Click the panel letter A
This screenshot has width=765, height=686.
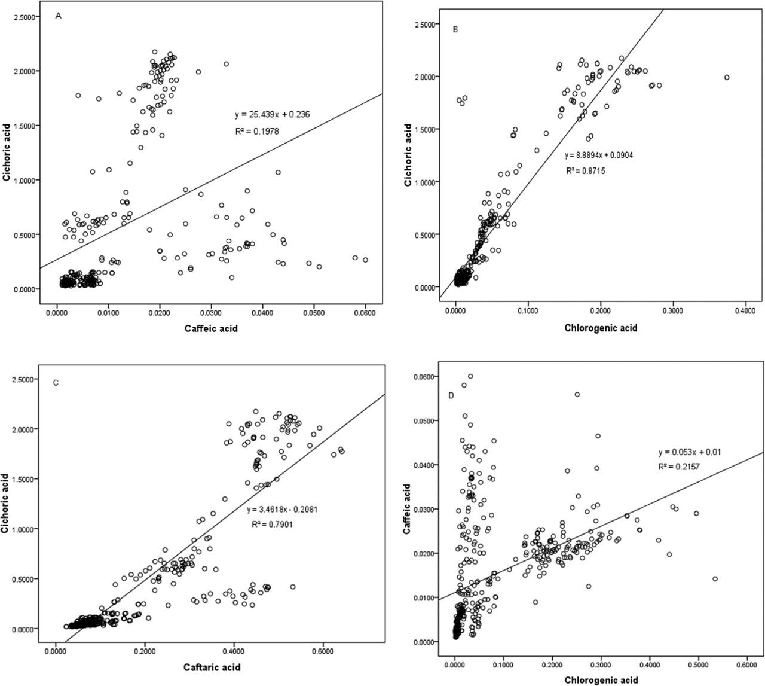pos(58,16)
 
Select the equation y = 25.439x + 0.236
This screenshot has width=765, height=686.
pos(272,114)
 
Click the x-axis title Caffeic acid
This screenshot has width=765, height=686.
pos(211,328)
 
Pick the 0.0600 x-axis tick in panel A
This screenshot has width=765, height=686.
pos(365,313)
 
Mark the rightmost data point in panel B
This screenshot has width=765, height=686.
pos(727,77)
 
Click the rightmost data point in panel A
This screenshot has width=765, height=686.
pos(365,260)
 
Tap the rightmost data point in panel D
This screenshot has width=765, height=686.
pos(715,578)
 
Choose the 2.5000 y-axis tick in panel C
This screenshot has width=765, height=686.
pos(23,380)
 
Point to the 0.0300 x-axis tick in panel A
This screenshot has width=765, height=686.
pos(210,313)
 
